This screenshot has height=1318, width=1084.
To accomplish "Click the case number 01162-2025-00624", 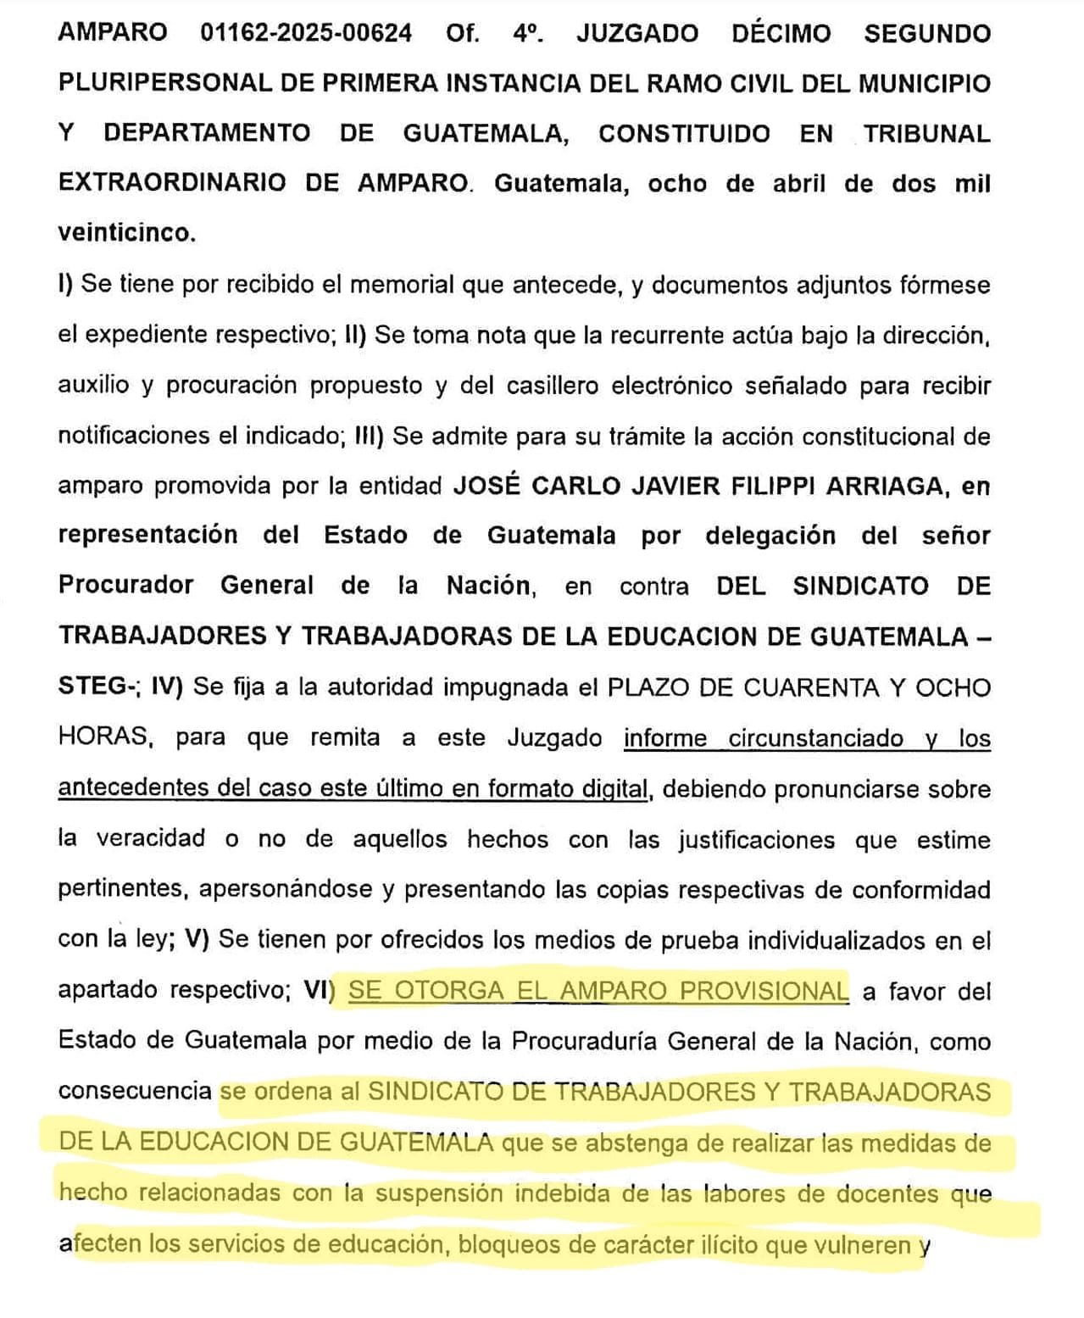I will click(306, 33).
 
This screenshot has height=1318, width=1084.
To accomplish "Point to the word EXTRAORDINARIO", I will click(172, 183).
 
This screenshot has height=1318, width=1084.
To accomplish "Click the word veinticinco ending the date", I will click(125, 233).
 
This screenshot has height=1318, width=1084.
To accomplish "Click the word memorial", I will click(402, 284).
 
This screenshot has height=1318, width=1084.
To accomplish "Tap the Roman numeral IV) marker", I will click(166, 687).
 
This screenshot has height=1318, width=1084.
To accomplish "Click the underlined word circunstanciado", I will click(815, 737).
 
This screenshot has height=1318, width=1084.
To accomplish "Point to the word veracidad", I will click(150, 838).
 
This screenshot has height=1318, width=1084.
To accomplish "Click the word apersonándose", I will click(292, 888).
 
